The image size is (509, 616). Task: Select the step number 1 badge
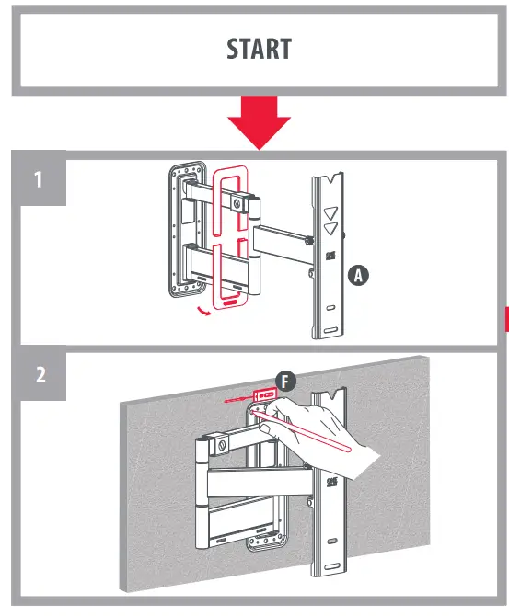[x=38, y=179]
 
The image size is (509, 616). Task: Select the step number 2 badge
[x=38, y=375]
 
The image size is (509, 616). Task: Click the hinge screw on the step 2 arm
[x=221, y=446]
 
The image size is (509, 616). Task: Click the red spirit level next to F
[x=266, y=395]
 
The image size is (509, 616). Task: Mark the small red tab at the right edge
[x=505, y=318]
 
